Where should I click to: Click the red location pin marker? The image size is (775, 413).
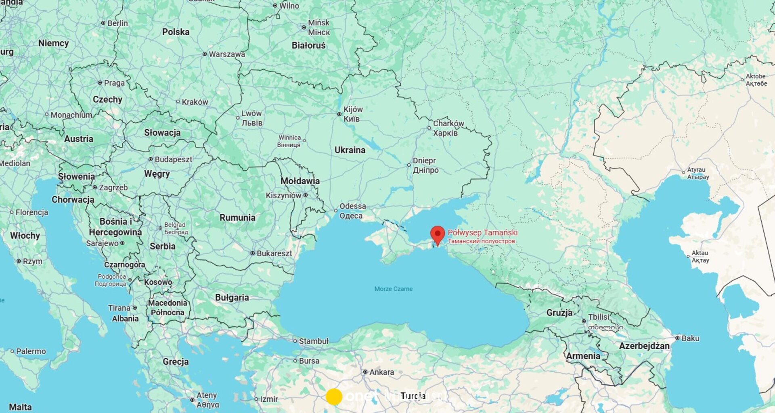coord(438,234)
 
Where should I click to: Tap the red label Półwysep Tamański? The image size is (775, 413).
coord(482,233)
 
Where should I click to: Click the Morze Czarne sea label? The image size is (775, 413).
coord(393,289)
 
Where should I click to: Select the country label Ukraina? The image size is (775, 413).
coord(350,150)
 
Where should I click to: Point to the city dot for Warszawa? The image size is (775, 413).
coord(205,54)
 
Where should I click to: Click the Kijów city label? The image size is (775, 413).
coord(353,110)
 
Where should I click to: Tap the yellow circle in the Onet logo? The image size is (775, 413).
coord(334,396)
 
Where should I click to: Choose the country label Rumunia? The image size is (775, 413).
coord(237,217)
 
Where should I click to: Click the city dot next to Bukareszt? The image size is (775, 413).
coord(252,253)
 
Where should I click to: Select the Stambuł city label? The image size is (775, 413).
coord(314,341)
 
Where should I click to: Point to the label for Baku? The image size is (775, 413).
coord(690,338)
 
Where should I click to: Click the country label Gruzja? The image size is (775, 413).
coord(559,313)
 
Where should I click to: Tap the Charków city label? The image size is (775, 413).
coord(448,123)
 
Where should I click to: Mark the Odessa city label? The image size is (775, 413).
coord(352,206)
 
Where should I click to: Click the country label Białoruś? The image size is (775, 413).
coord(308,46)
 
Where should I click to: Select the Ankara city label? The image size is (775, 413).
coord(381,372)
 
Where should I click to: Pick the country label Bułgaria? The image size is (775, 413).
coord(232,298)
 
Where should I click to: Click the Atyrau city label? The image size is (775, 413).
coord(696,170)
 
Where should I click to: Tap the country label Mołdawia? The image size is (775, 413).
coord(300,181)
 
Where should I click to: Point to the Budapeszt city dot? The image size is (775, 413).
coord(151,159)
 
